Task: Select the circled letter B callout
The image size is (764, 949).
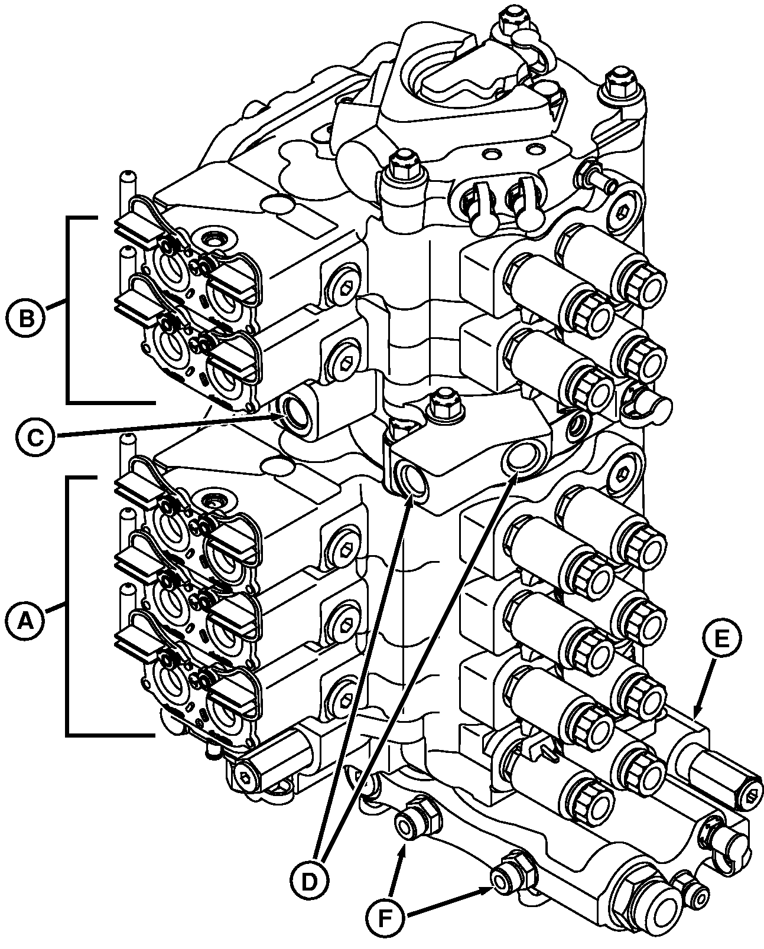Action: tap(26, 318)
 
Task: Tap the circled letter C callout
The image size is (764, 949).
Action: tap(35, 438)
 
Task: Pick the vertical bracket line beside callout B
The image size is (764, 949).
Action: tap(67, 309)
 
